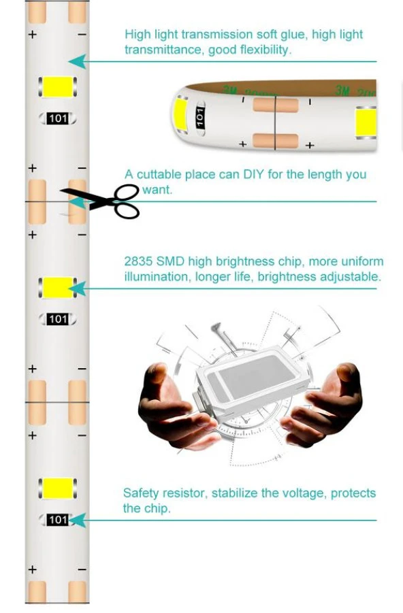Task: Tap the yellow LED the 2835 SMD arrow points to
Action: coord(57,288)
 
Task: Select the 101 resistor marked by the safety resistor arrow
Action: coord(58,520)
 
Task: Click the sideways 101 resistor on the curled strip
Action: coord(200,116)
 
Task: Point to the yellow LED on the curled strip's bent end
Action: coord(180,115)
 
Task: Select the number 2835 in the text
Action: coord(138,261)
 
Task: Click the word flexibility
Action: coord(265,50)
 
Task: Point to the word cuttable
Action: coord(159,174)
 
